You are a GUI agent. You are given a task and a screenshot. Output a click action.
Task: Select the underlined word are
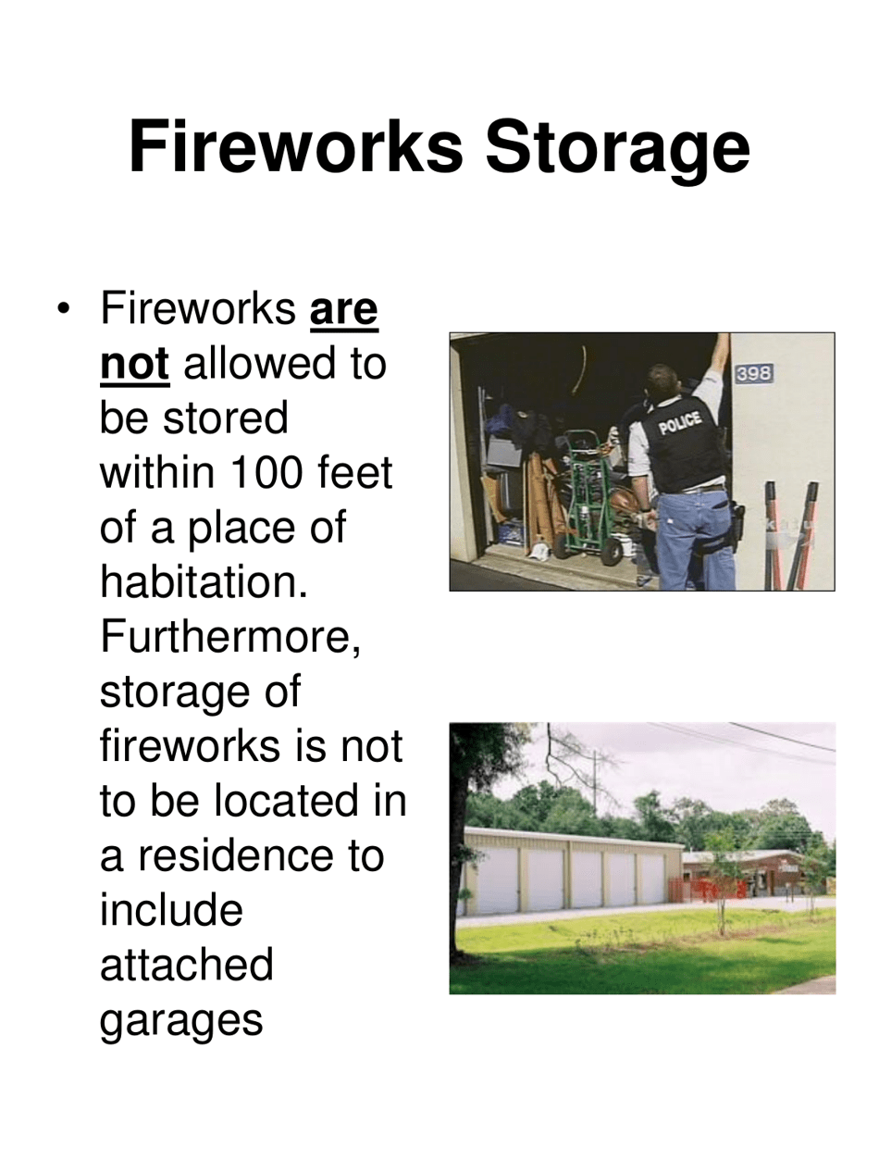click(x=344, y=311)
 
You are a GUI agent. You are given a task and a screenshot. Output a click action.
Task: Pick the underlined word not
click(x=134, y=368)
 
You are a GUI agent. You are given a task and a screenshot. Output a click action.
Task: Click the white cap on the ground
click(x=537, y=553)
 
